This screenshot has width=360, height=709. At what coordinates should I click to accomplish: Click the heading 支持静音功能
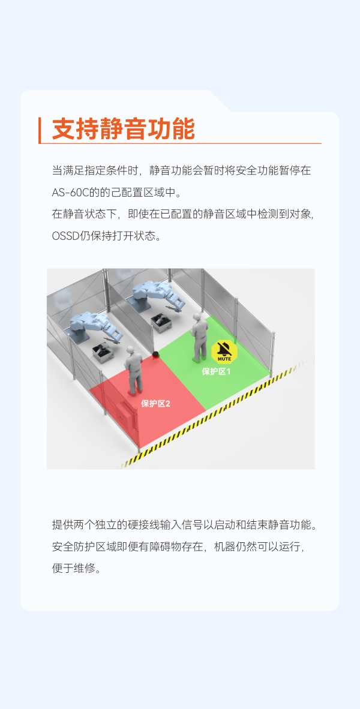click(123, 130)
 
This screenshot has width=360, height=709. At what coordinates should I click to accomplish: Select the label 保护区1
click(216, 372)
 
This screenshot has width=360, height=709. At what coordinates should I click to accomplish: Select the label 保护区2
click(155, 404)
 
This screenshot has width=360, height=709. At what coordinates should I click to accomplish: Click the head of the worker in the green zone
click(197, 317)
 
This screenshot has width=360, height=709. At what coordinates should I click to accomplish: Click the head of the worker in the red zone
click(130, 350)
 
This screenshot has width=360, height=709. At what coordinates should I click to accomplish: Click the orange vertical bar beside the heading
click(40, 130)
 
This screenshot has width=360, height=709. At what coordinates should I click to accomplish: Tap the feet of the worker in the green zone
click(197, 359)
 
